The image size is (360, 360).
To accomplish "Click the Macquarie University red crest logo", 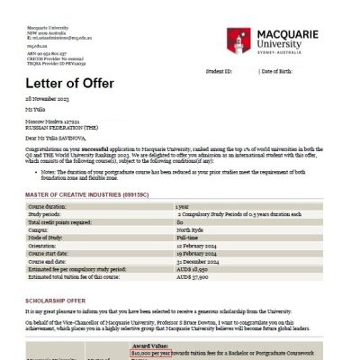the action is tap(240, 40).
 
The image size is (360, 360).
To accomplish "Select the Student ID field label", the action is tap(220, 71).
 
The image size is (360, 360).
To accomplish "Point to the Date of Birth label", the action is tap(284, 71).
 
